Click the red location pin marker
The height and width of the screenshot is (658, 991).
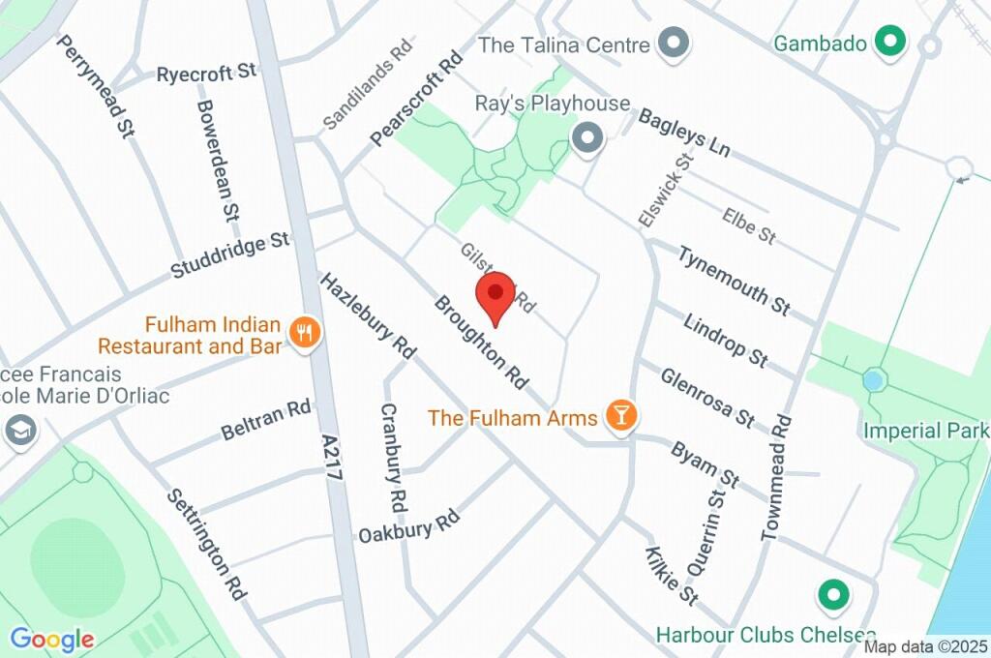click(x=496, y=294)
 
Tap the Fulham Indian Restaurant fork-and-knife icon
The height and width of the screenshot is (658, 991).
click(x=306, y=334)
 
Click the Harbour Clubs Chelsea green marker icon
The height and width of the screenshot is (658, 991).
click(x=831, y=596)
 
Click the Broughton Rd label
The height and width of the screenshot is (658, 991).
click(x=481, y=343)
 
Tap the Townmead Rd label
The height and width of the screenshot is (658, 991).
click(x=776, y=478)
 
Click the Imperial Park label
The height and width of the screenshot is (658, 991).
click(x=925, y=430)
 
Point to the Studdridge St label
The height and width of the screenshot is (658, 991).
click(x=230, y=254)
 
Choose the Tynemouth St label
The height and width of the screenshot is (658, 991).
click(x=734, y=280)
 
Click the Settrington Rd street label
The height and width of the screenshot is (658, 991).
click(x=205, y=544)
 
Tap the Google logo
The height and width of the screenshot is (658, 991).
click(x=52, y=639)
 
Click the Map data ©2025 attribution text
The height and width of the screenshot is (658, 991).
click(x=925, y=646)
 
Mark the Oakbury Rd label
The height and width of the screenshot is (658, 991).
click(x=407, y=526)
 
